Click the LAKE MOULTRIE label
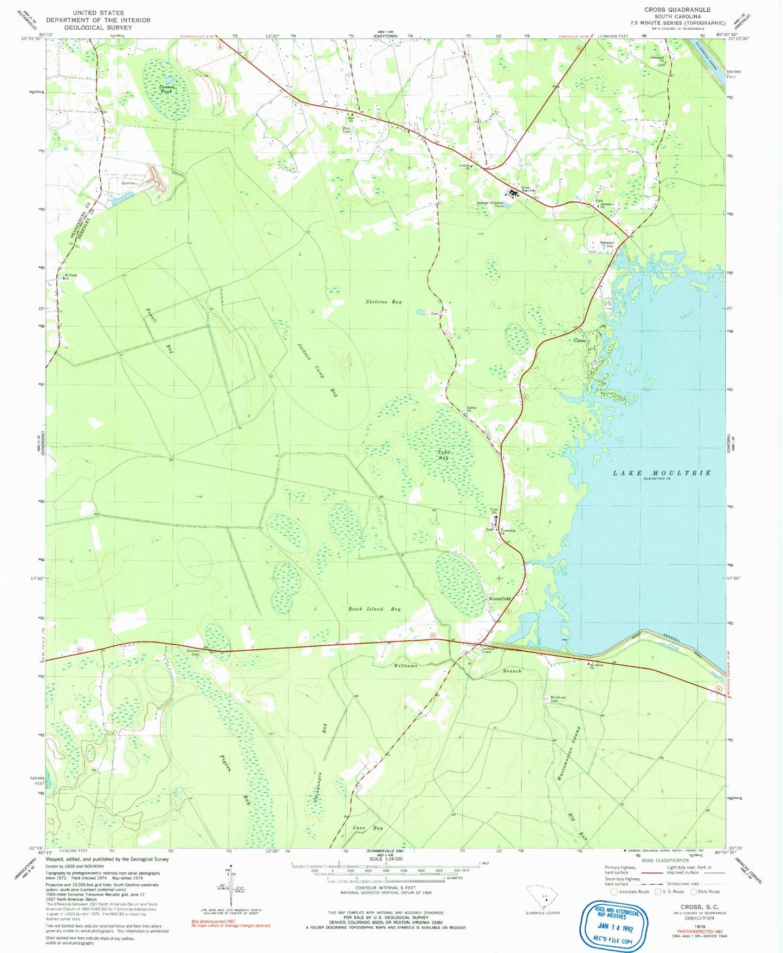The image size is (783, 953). tap(662, 473)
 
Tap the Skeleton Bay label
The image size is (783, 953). tap(384, 302)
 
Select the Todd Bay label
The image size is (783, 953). tap(444, 455)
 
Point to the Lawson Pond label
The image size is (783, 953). tap(166, 89)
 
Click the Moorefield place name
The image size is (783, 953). tap(500, 599)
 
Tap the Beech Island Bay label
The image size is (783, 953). tap(374, 609)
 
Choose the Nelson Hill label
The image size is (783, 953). tap(606, 244)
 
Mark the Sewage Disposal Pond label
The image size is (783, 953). tap(489, 204)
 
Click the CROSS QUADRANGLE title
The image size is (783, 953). tap(677, 10)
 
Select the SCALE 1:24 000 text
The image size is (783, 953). tap(386, 859)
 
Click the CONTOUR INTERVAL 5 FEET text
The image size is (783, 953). tap(386, 887)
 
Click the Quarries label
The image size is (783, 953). tap(128, 183)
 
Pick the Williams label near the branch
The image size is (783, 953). tap(405, 665)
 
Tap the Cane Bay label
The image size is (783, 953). tap(367, 828)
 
